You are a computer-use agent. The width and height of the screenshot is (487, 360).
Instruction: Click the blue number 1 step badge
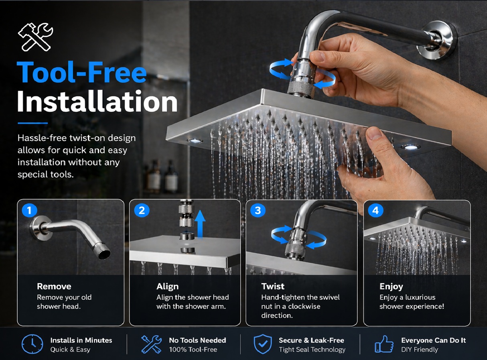point(29,210)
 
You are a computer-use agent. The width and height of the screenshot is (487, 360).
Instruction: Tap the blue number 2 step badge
point(142,210)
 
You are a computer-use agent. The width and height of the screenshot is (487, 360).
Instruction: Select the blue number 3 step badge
point(258,210)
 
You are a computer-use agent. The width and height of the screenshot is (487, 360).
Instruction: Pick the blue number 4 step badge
point(375,210)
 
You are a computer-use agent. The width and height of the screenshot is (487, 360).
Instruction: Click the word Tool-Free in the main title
point(81,72)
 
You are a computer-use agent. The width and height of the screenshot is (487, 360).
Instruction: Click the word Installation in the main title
point(97,101)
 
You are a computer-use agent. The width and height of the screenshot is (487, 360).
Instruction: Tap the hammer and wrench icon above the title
point(36,37)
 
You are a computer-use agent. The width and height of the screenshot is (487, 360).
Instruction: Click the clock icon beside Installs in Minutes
point(32,344)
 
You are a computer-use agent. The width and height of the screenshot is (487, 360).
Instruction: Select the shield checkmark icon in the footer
point(263,344)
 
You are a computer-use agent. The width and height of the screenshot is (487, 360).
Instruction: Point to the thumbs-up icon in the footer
point(384,344)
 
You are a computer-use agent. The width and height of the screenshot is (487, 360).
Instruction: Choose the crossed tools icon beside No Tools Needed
point(151,344)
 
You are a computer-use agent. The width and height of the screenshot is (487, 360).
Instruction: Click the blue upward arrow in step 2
point(200,224)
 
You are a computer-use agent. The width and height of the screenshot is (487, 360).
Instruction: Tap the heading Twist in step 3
point(273,286)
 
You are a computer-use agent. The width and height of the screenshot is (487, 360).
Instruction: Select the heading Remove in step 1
point(54,286)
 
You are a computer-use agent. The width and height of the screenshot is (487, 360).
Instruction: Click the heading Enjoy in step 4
point(391,287)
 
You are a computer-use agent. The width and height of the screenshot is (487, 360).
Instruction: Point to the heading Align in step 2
point(168,287)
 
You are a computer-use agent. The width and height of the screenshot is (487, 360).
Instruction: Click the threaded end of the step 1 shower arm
point(101,252)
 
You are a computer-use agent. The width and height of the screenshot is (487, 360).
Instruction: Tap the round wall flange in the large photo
point(437,40)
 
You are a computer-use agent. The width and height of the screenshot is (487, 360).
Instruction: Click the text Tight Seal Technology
point(312,350)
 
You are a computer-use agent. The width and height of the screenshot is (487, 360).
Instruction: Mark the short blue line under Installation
point(33,123)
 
